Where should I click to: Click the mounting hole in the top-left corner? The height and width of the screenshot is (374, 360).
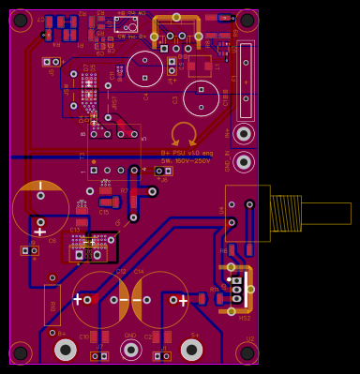point(20,20)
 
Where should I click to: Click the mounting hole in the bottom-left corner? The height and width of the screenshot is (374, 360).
point(20,352)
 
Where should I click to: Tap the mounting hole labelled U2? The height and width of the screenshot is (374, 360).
point(247,352)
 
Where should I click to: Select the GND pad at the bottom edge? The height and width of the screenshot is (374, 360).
point(131,350)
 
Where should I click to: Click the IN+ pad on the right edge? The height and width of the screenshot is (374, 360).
point(244,134)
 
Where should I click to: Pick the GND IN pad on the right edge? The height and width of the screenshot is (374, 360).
point(244,162)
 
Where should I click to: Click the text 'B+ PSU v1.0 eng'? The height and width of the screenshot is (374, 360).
point(187,153)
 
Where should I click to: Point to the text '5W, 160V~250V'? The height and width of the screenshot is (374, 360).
point(187,160)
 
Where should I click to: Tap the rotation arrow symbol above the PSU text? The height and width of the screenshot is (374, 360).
point(184,134)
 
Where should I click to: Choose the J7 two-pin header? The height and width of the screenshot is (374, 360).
point(99,356)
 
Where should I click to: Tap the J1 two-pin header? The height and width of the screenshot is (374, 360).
point(162,356)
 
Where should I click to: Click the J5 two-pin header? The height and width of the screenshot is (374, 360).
point(51,62)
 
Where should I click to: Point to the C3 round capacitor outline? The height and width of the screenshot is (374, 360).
point(201,97)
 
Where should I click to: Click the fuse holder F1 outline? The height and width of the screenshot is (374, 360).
point(245,80)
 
